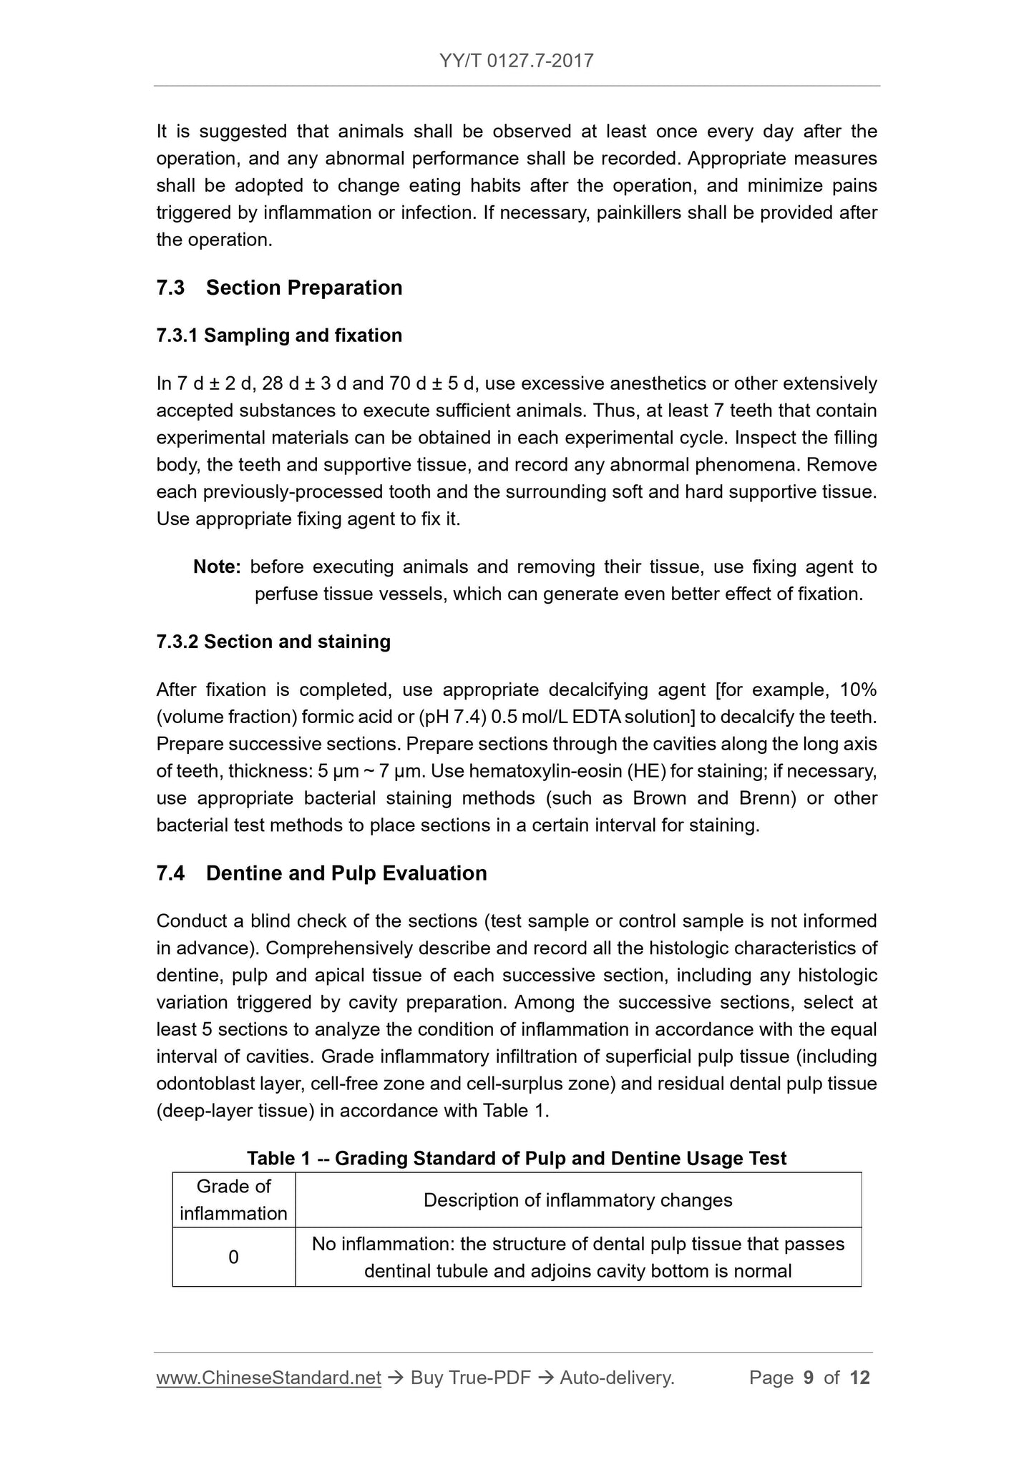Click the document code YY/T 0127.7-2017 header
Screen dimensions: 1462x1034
[517, 60]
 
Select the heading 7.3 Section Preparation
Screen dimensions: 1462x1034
[279, 288]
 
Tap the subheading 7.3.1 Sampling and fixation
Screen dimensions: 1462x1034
[279, 335]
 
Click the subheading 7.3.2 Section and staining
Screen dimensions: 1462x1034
[273, 642]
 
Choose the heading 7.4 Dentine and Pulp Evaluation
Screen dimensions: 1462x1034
[321, 873]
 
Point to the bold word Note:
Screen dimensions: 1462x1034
[218, 567]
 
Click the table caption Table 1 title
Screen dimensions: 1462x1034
[517, 1159]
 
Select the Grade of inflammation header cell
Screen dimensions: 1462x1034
[233, 1199]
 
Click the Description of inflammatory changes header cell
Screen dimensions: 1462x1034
[577, 1199]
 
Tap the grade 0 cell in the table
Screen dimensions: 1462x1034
[233, 1257]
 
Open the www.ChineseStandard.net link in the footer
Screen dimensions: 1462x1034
[268, 1378]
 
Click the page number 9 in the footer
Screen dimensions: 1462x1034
[809, 1378]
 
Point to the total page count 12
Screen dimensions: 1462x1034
[859, 1378]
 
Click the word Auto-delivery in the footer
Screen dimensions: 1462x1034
[616, 1378]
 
